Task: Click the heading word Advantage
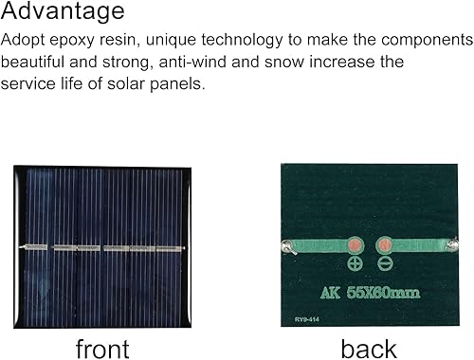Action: click(x=63, y=12)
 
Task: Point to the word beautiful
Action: click(x=39, y=62)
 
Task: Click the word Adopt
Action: click(x=24, y=41)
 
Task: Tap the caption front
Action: click(x=101, y=348)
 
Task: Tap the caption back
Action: click(x=369, y=348)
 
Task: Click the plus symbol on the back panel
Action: click(x=355, y=264)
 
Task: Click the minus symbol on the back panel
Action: click(x=386, y=264)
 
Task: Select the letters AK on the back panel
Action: click(x=332, y=294)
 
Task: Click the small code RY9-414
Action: click(x=303, y=320)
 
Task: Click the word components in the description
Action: click(x=424, y=41)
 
